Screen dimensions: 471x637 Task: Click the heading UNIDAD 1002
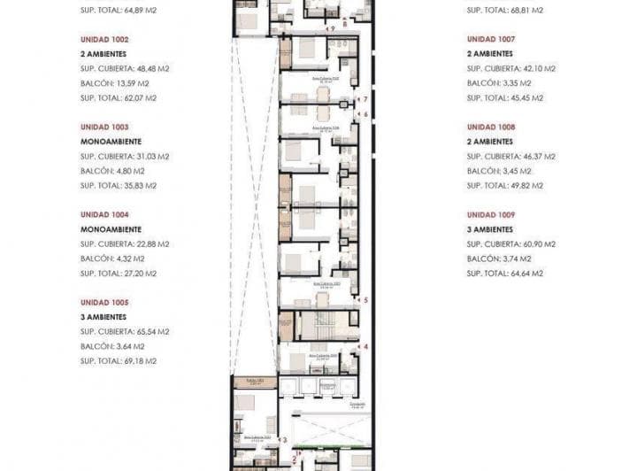[x=104, y=39]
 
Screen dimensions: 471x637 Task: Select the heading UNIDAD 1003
[x=104, y=127]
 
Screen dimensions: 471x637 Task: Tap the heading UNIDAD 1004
[x=104, y=214]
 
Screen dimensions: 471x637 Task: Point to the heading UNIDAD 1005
[x=104, y=302]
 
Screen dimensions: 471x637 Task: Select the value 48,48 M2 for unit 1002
[x=150, y=69]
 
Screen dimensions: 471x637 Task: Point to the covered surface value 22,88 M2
[x=150, y=244]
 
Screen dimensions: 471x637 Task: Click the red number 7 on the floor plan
[x=365, y=99]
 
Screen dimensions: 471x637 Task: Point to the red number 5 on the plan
[x=365, y=300]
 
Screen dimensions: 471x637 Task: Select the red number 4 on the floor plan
[x=365, y=346]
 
